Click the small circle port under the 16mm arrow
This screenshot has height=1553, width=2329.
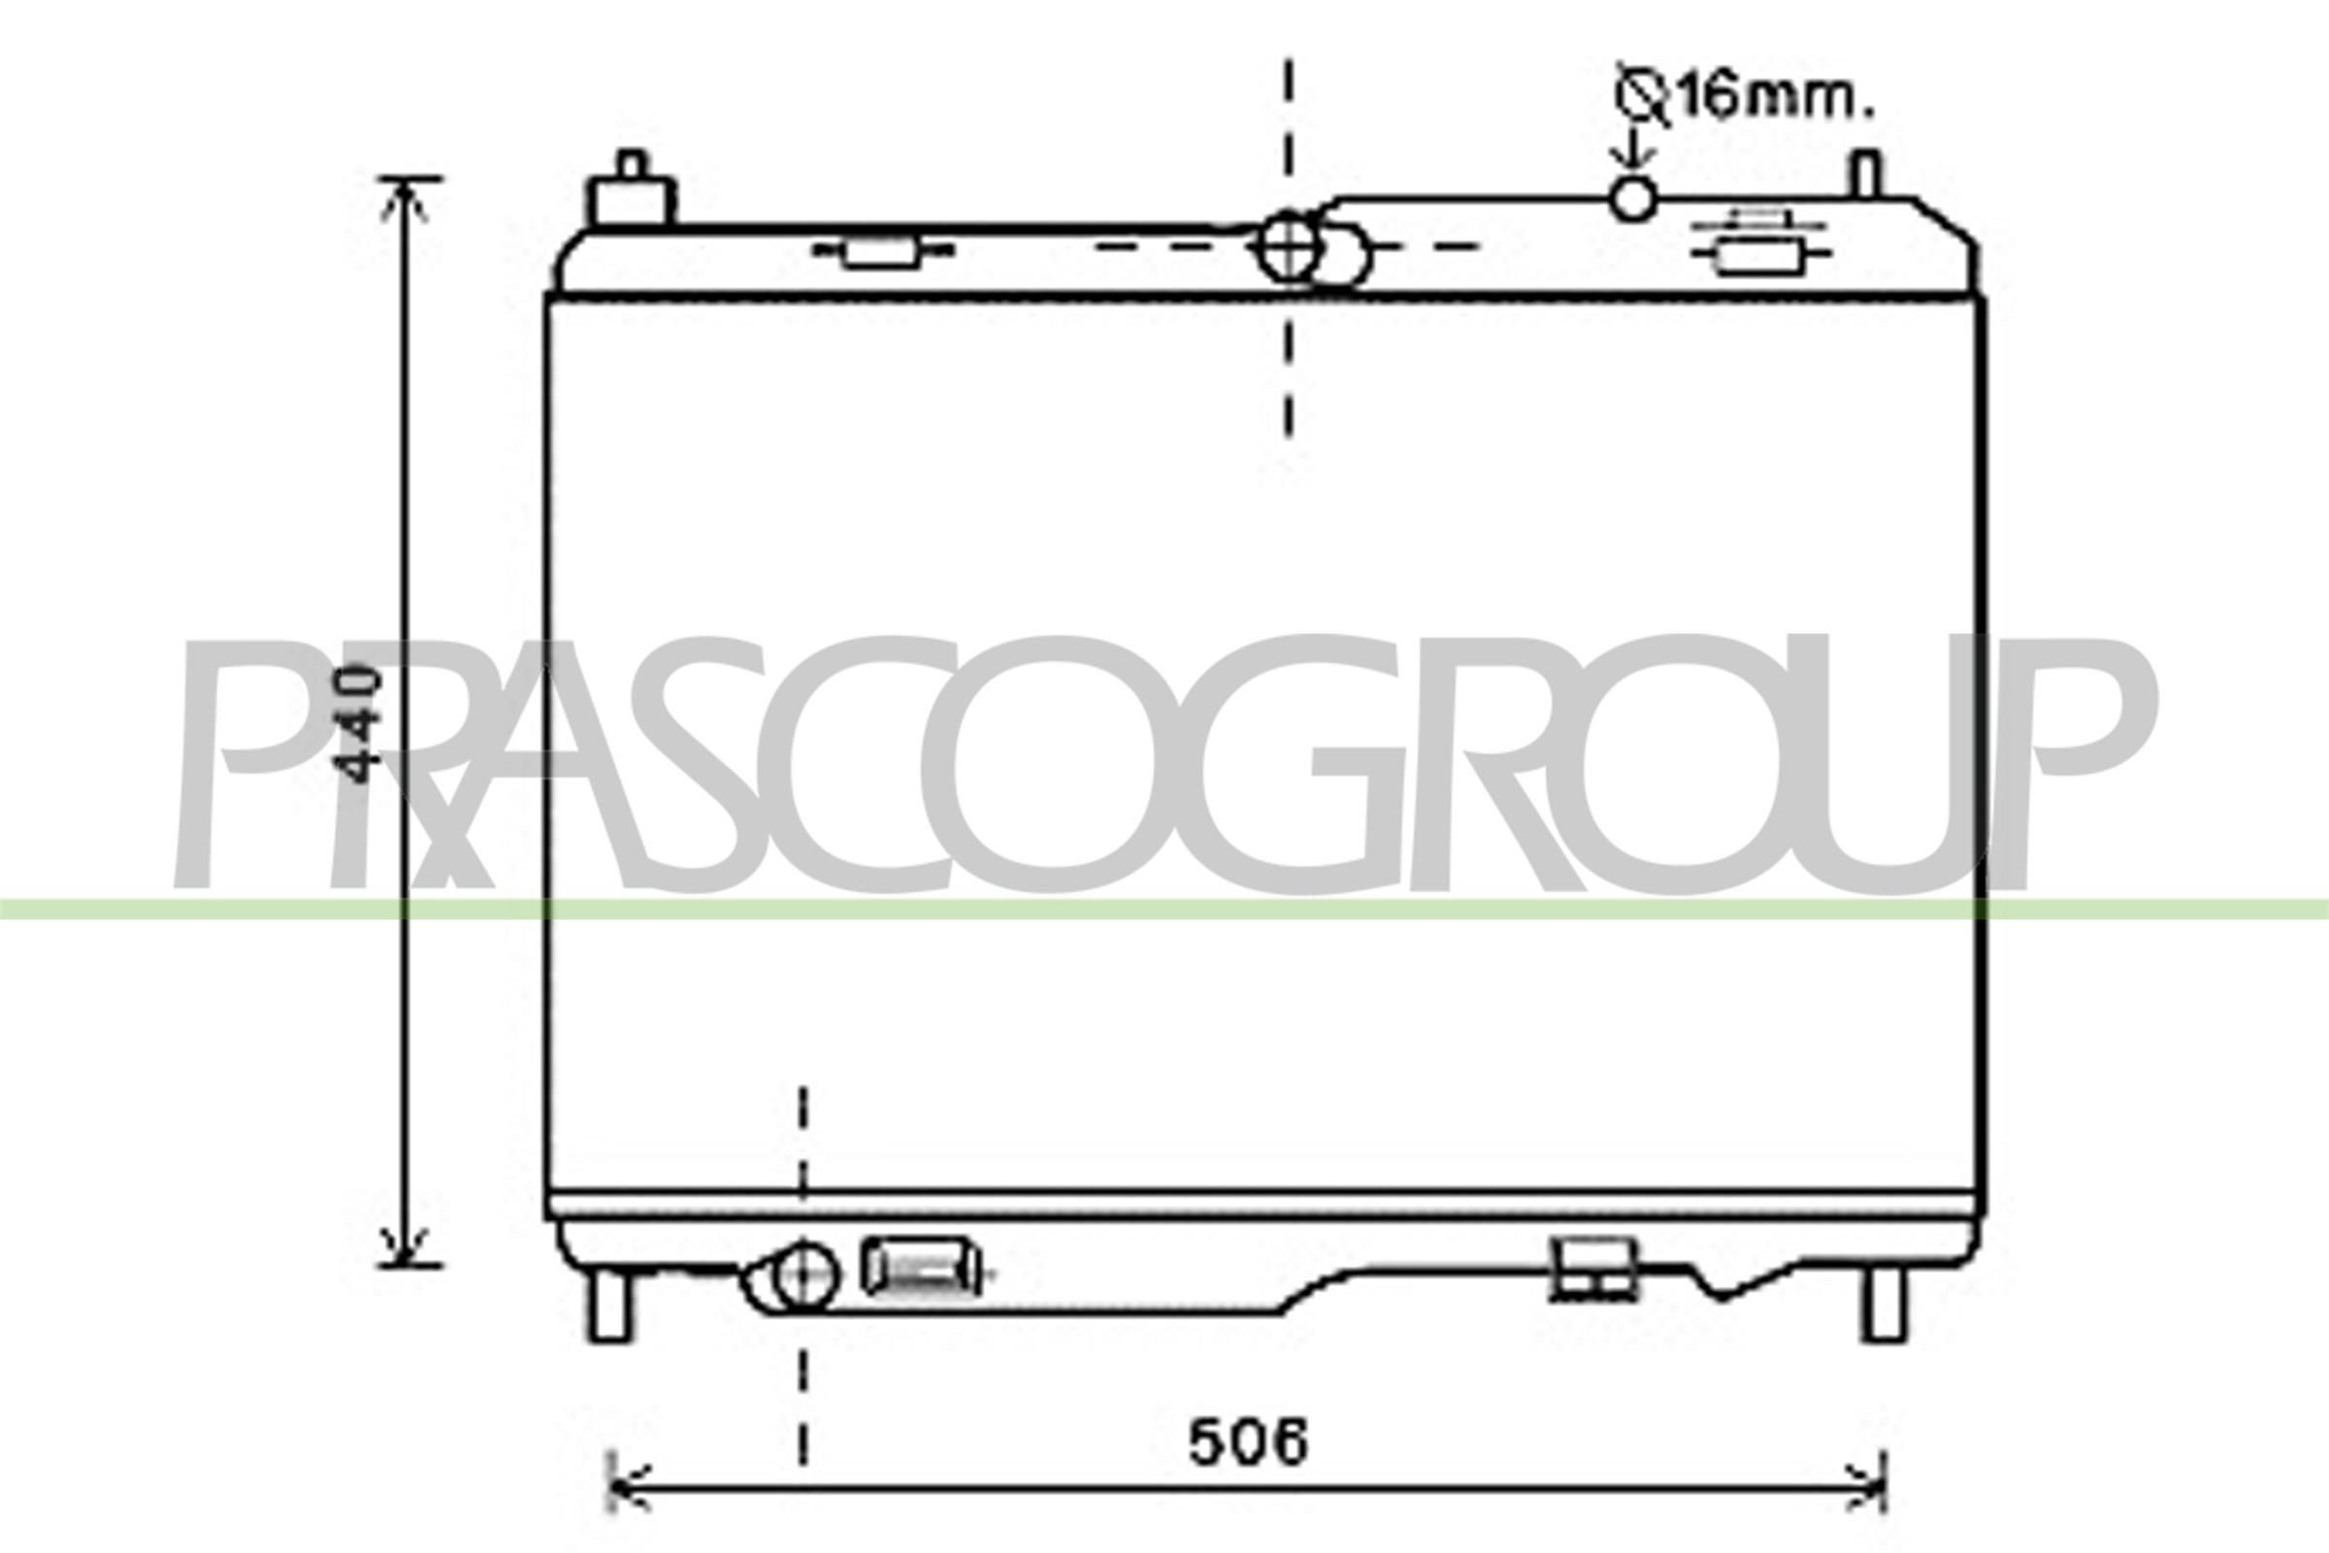click(x=1632, y=198)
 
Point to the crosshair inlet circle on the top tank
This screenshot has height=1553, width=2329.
click(x=1289, y=248)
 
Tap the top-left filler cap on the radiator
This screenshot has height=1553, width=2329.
click(x=632, y=194)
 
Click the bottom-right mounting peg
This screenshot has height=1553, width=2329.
click(x=1884, y=1305)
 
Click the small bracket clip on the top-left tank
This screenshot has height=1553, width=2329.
click(x=881, y=251)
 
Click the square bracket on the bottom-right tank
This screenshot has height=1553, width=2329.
click(x=1593, y=1269)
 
